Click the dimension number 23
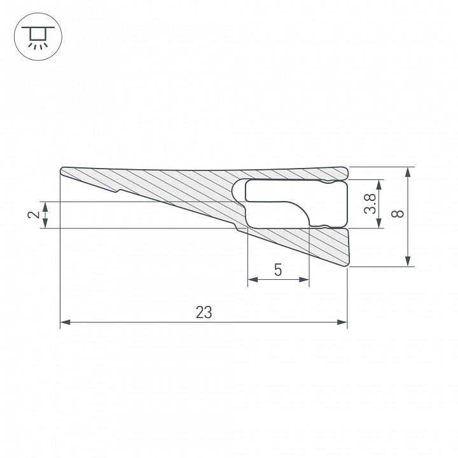pyautogui.click(x=204, y=312)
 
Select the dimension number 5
pyautogui.click(x=278, y=270)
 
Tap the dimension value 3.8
pyautogui.click(x=370, y=204)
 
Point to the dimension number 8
pyautogui.click(x=398, y=214)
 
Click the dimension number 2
pyautogui.click(x=34, y=215)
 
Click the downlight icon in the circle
pyautogui.click(x=38, y=37)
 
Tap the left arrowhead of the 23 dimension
pyautogui.click(x=65, y=322)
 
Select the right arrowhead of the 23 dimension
pyautogui.click(x=342, y=322)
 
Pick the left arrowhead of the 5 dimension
pyautogui.click(x=253, y=279)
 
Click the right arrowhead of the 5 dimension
pyautogui.click(x=304, y=279)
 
